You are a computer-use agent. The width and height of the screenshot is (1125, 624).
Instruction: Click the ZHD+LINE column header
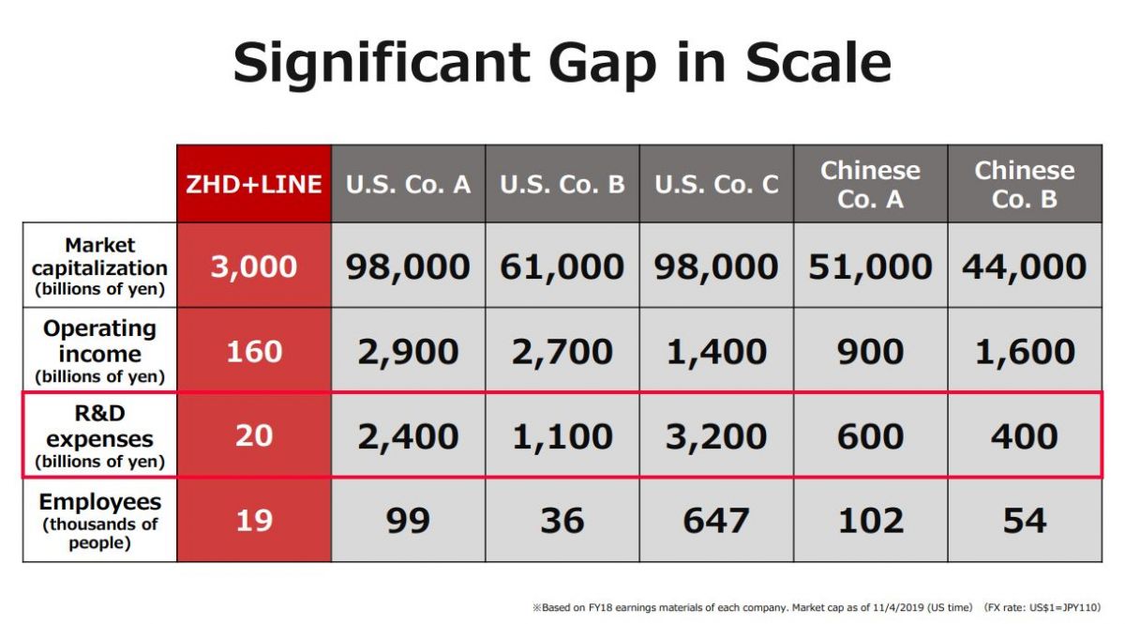pyautogui.click(x=254, y=184)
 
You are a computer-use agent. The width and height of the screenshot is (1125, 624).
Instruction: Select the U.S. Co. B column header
pyautogui.click(x=562, y=184)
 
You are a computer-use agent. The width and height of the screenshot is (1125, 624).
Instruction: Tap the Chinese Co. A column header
pyautogui.click(x=870, y=184)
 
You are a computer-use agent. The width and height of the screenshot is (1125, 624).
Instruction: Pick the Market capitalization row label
pyautogui.click(x=100, y=266)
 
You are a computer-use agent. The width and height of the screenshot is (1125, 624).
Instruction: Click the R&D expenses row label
pyautogui.click(x=100, y=436)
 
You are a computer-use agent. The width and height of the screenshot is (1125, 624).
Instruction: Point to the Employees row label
pyautogui.click(x=100, y=521)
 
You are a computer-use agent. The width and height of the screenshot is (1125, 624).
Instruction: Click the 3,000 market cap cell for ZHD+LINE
pyautogui.click(x=254, y=266)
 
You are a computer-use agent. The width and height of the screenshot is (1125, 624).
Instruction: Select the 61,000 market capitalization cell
pyautogui.click(x=562, y=266)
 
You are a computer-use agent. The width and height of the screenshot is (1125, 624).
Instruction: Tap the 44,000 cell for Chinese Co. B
pyautogui.click(x=1025, y=266)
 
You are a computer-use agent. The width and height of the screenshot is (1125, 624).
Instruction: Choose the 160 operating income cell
pyautogui.click(x=254, y=350)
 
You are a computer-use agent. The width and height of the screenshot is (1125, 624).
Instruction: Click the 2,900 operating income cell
pyautogui.click(x=409, y=350)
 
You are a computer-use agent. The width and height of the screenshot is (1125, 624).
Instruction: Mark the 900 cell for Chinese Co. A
pyautogui.click(x=870, y=350)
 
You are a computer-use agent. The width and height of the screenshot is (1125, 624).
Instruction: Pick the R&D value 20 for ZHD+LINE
pyautogui.click(x=254, y=435)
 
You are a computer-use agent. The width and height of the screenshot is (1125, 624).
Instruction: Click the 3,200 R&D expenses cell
pyautogui.click(x=716, y=435)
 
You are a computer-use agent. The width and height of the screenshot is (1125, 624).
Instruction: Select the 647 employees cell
pyautogui.click(x=716, y=521)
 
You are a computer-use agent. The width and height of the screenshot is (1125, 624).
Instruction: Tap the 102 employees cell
pyautogui.click(x=870, y=521)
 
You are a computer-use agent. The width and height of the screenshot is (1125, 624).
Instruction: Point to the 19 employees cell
pyautogui.click(x=254, y=521)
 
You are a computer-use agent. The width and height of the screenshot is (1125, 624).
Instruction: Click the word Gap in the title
pyautogui.click(x=602, y=64)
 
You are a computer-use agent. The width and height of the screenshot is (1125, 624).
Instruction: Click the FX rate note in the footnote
pyautogui.click(x=1042, y=607)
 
